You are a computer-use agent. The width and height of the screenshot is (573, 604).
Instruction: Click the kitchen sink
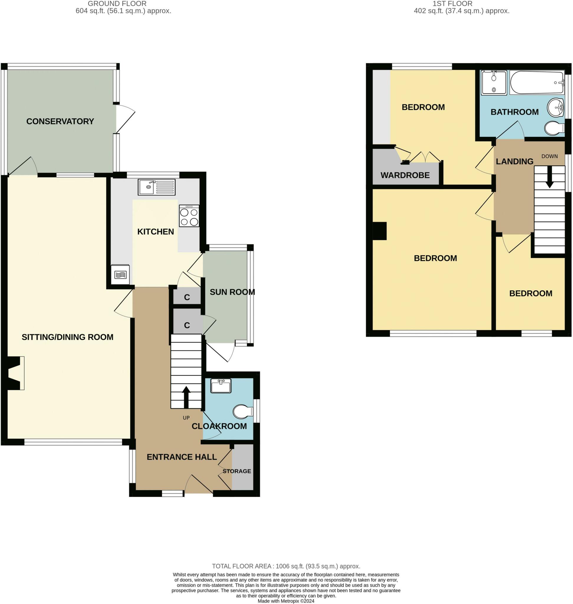(157, 187)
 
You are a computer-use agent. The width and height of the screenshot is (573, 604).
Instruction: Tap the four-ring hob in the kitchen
(189, 216)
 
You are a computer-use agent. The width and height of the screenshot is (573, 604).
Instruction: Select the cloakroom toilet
(243, 412)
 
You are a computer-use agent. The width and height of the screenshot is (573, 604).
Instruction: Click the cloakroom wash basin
(221, 386)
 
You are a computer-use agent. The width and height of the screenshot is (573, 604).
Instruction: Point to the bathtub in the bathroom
(537, 83)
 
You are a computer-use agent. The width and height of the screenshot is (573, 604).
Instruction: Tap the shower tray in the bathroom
(494, 83)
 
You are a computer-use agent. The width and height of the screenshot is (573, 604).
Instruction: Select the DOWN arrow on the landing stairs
(549, 177)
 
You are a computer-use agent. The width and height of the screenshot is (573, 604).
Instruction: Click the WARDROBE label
(405, 175)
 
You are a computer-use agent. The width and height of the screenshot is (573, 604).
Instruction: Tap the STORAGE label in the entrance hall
(237, 471)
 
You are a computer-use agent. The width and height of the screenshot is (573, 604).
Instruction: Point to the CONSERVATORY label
(60, 121)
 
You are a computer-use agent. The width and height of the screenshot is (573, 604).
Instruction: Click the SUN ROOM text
(232, 292)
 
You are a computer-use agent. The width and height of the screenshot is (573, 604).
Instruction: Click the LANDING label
(515, 161)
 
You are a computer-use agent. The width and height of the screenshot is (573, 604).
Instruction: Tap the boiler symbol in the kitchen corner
(120, 275)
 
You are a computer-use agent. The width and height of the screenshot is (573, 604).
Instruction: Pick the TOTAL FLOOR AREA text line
(286, 566)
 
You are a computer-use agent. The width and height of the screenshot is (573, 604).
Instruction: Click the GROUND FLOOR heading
(117, 4)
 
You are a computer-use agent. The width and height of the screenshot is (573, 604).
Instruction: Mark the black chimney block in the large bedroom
(380, 231)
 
